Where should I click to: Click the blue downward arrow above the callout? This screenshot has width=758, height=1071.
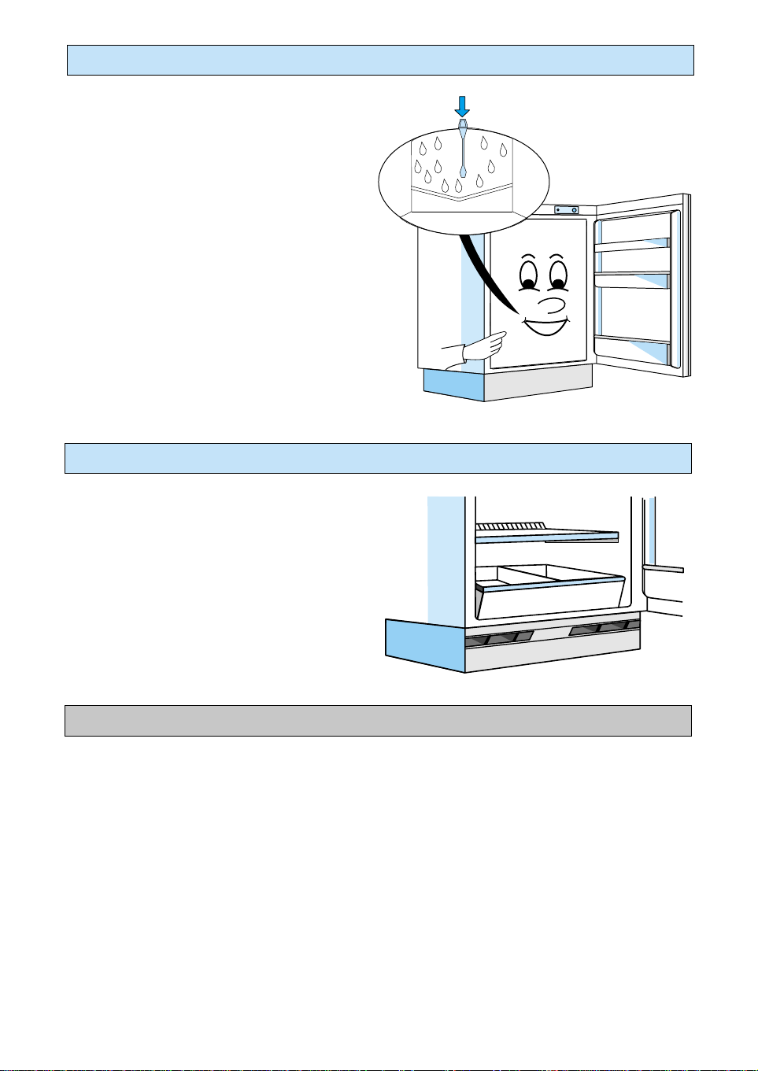click(x=463, y=106)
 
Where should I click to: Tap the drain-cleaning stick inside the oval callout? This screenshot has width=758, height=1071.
click(x=463, y=150)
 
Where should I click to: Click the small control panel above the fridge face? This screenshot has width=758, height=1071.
click(x=566, y=210)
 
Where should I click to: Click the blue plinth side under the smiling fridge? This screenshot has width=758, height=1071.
click(x=453, y=385)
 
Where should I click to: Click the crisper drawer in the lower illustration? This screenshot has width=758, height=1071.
click(x=550, y=593)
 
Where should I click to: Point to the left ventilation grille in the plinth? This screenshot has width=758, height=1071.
click(x=499, y=638)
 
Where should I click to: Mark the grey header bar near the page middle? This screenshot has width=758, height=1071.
click(x=378, y=721)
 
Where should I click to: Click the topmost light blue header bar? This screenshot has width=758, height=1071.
click(x=380, y=61)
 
